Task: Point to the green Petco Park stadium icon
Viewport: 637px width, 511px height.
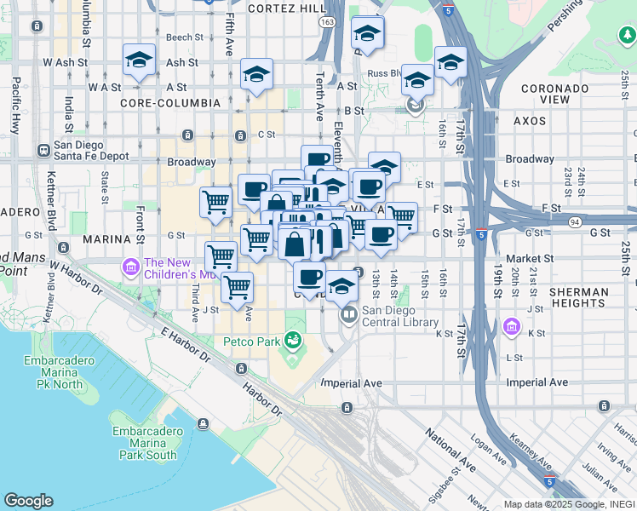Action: (294, 341)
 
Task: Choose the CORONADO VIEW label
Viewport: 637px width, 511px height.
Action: (555, 94)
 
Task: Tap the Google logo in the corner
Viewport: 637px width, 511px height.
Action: (28, 501)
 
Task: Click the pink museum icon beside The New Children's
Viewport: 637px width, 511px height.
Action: (130, 267)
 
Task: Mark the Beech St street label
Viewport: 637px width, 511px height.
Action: (184, 37)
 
